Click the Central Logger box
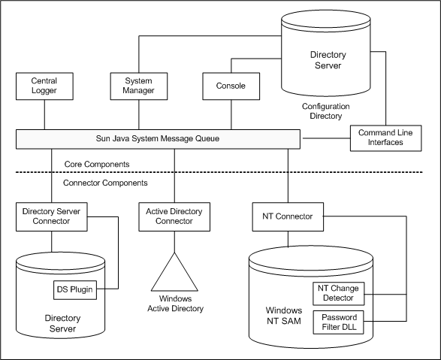[44, 86]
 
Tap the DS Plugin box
[74, 288]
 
